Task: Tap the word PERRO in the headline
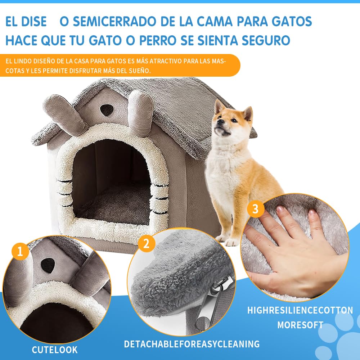[x=158, y=41]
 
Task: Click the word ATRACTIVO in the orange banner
[x=166, y=61]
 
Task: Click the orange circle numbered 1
[x=20, y=251]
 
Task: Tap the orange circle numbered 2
[x=146, y=243]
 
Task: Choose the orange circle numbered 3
[x=256, y=209]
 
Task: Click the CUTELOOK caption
[x=55, y=350]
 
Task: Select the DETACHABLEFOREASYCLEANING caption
[x=192, y=344]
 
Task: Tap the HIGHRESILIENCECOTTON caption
[x=300, y=310]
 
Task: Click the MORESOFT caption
[x=300, y=325]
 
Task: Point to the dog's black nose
[x=219, y=121]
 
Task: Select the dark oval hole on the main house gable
[x=107, y=110]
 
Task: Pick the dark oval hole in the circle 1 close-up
[x=48, y=265]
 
